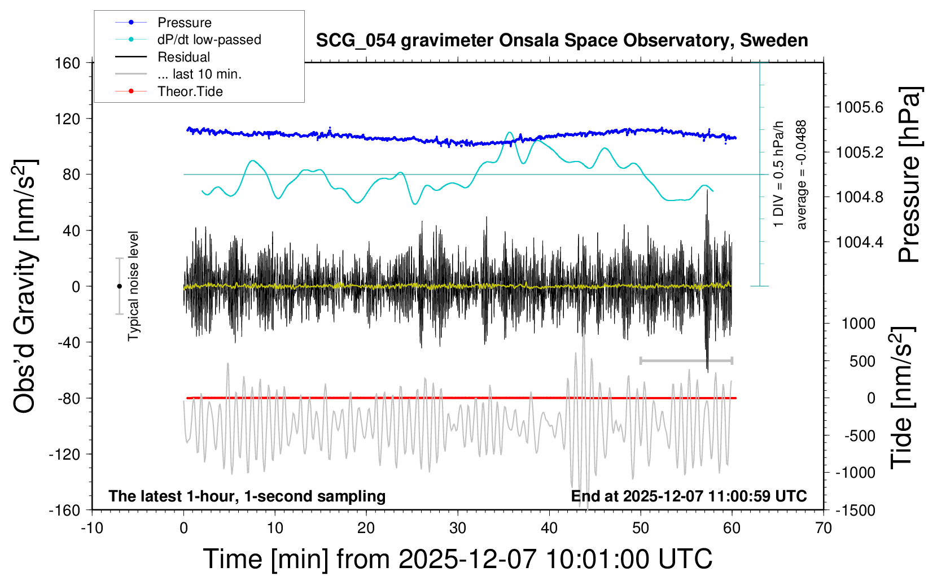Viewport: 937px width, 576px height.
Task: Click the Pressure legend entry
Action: [184, 23]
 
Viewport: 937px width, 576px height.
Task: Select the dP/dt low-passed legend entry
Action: [209, 40]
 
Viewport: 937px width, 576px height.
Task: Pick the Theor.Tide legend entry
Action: [190, 91]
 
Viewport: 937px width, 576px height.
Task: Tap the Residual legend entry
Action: [183, 57]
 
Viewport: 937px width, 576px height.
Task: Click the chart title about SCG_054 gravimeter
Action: [562, 41]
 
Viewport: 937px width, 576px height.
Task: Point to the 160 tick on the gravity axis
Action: [68, 63]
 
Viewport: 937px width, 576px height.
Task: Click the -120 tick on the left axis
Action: [64, 454]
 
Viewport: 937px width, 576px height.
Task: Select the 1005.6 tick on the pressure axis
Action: [860, 107]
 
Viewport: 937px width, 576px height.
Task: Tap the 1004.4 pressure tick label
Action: [860, 242]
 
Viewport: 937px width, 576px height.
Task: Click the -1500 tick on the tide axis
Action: [855, 510]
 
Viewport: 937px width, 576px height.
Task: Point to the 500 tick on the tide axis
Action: [862, 361]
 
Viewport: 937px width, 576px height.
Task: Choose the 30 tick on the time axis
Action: [458, 529]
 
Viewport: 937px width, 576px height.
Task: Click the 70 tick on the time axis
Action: [824, 529]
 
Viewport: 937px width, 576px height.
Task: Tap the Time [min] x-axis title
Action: [457, 559]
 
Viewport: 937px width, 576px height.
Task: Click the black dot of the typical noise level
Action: [119, 286]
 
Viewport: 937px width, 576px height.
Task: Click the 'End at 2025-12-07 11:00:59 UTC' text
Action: [689, 496]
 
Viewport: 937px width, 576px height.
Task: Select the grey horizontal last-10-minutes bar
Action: [686, 360]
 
